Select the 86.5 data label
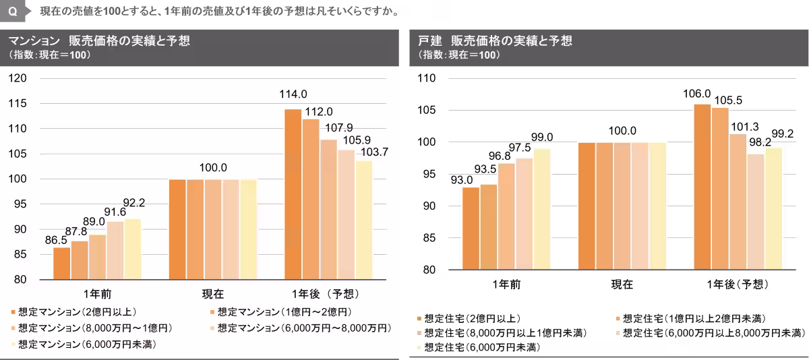click(x=55, y=239)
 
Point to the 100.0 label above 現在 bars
click(x=213, y=168)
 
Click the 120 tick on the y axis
click(x=18, y=78)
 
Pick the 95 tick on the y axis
click(x=20, y=204)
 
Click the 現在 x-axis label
click(x=213, y=295)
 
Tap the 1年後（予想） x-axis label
click(x=326, y=295)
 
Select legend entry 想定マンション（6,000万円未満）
click(x=81, y=344)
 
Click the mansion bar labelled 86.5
click(x=62, y=263)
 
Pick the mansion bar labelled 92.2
click(x=133, y=249)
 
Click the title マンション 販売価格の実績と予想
click(x=100, y=41)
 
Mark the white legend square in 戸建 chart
click(x=419, y=348)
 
